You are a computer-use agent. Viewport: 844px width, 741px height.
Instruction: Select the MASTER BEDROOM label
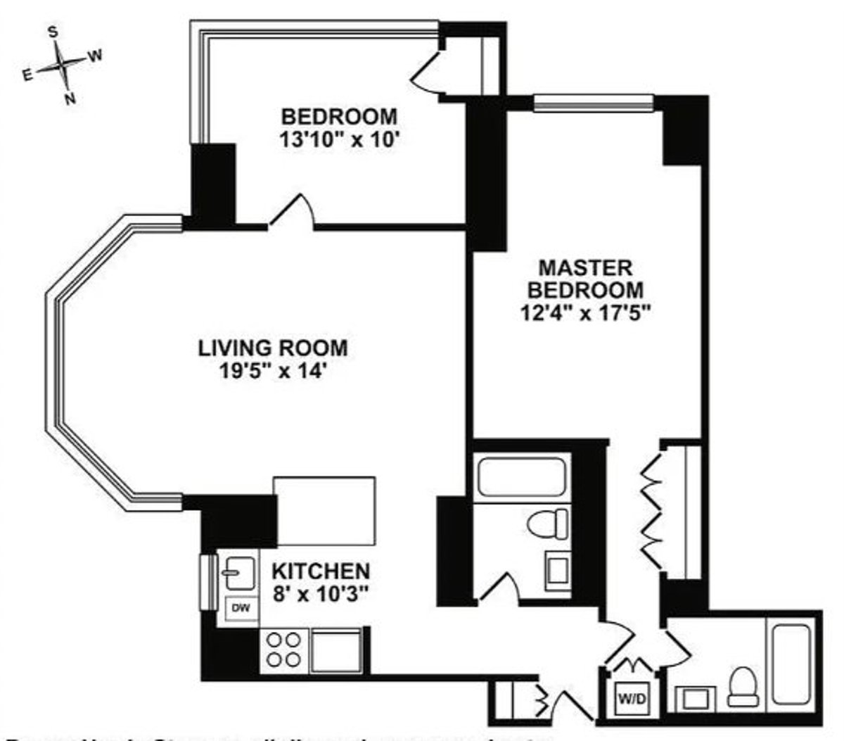coord(585,289)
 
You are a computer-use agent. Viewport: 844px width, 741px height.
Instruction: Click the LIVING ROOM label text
coord(272,358)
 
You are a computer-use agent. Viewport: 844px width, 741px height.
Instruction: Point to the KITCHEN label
coord(321,569)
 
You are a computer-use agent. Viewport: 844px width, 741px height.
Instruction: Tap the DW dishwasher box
coord(241,607)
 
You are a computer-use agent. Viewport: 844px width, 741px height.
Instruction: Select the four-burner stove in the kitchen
coord(283,651)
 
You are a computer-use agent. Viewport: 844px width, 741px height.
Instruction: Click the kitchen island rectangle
coord(324,510)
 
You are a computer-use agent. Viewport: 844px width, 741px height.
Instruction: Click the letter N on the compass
coord(69,99)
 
